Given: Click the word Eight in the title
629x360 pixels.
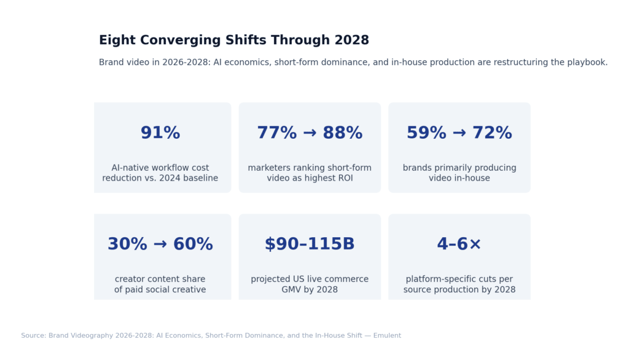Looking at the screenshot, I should point(117,41).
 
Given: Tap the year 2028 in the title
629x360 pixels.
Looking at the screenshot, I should point(351,41).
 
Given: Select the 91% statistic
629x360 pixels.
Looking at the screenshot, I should point(160,133).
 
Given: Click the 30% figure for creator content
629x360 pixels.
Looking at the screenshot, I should point(127,245).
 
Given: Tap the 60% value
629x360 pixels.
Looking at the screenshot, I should point(193,245).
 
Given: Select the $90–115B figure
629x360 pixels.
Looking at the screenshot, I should point(310,245).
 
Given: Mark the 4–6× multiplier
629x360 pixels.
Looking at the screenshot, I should point(459,245).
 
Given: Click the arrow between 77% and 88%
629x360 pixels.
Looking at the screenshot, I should point(310,133).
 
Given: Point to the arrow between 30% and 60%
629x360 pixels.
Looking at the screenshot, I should point(160,245).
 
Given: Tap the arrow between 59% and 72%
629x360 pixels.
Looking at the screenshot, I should point(459,133).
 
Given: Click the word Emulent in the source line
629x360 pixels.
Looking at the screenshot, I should point(383,335).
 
